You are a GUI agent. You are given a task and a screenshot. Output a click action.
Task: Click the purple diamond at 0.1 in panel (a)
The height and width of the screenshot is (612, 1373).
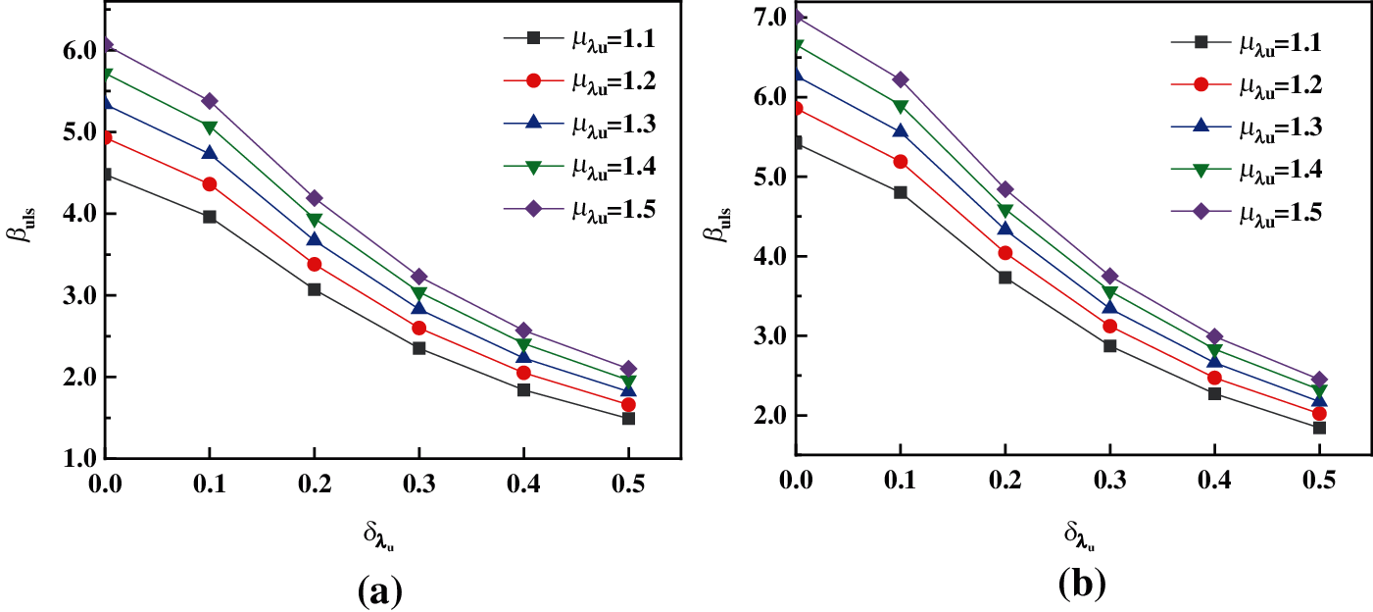click(x=209, y=101)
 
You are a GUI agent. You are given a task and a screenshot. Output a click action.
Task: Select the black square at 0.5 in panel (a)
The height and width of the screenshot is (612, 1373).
click(x=628, y=419)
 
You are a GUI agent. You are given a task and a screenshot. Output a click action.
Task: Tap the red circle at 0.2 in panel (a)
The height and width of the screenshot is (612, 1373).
click(x=314, y=264)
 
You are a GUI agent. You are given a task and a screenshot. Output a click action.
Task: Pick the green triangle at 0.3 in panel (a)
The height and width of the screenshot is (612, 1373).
click(x=418, y=294)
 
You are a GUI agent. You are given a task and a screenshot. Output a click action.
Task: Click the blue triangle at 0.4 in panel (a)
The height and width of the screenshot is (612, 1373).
click(x=523, y=356)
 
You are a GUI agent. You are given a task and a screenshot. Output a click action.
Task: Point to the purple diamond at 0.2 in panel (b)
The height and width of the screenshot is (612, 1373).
click(x=1005, y=189)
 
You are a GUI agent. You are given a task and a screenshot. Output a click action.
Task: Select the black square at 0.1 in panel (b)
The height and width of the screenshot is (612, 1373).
click(x=901, y=192)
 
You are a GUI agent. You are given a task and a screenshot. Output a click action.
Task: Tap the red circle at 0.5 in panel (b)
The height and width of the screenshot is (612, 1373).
click(x=1319, y=414)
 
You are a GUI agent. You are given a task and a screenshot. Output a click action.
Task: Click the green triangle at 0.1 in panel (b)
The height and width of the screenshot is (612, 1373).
click(x=901, y=107)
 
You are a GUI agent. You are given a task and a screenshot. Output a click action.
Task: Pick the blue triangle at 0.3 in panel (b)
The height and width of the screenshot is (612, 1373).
click(x=1110, y=307)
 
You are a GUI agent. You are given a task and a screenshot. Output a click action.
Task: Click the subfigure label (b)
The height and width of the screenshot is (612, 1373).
click(x=1082, y=585)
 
